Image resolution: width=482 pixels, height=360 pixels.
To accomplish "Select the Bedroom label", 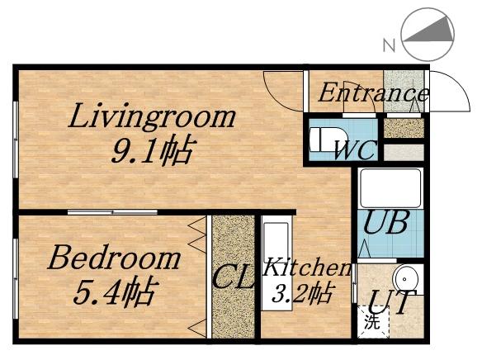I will (113, 258).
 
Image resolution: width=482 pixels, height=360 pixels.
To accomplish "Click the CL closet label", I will (233, 277).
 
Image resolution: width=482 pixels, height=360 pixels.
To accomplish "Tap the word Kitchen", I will (307, 268).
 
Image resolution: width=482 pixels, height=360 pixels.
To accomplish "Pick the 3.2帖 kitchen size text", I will (302, 292).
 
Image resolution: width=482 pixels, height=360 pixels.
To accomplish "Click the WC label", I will (356, 150).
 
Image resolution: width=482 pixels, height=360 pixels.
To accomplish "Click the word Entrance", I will (373, 92).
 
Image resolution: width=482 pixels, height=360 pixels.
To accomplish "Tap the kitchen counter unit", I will (275, 264).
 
